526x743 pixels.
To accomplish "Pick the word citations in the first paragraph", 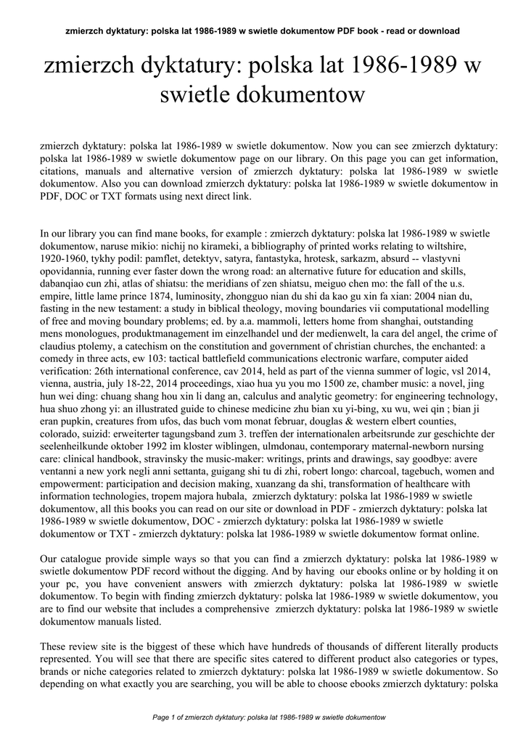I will click(60, 171).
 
